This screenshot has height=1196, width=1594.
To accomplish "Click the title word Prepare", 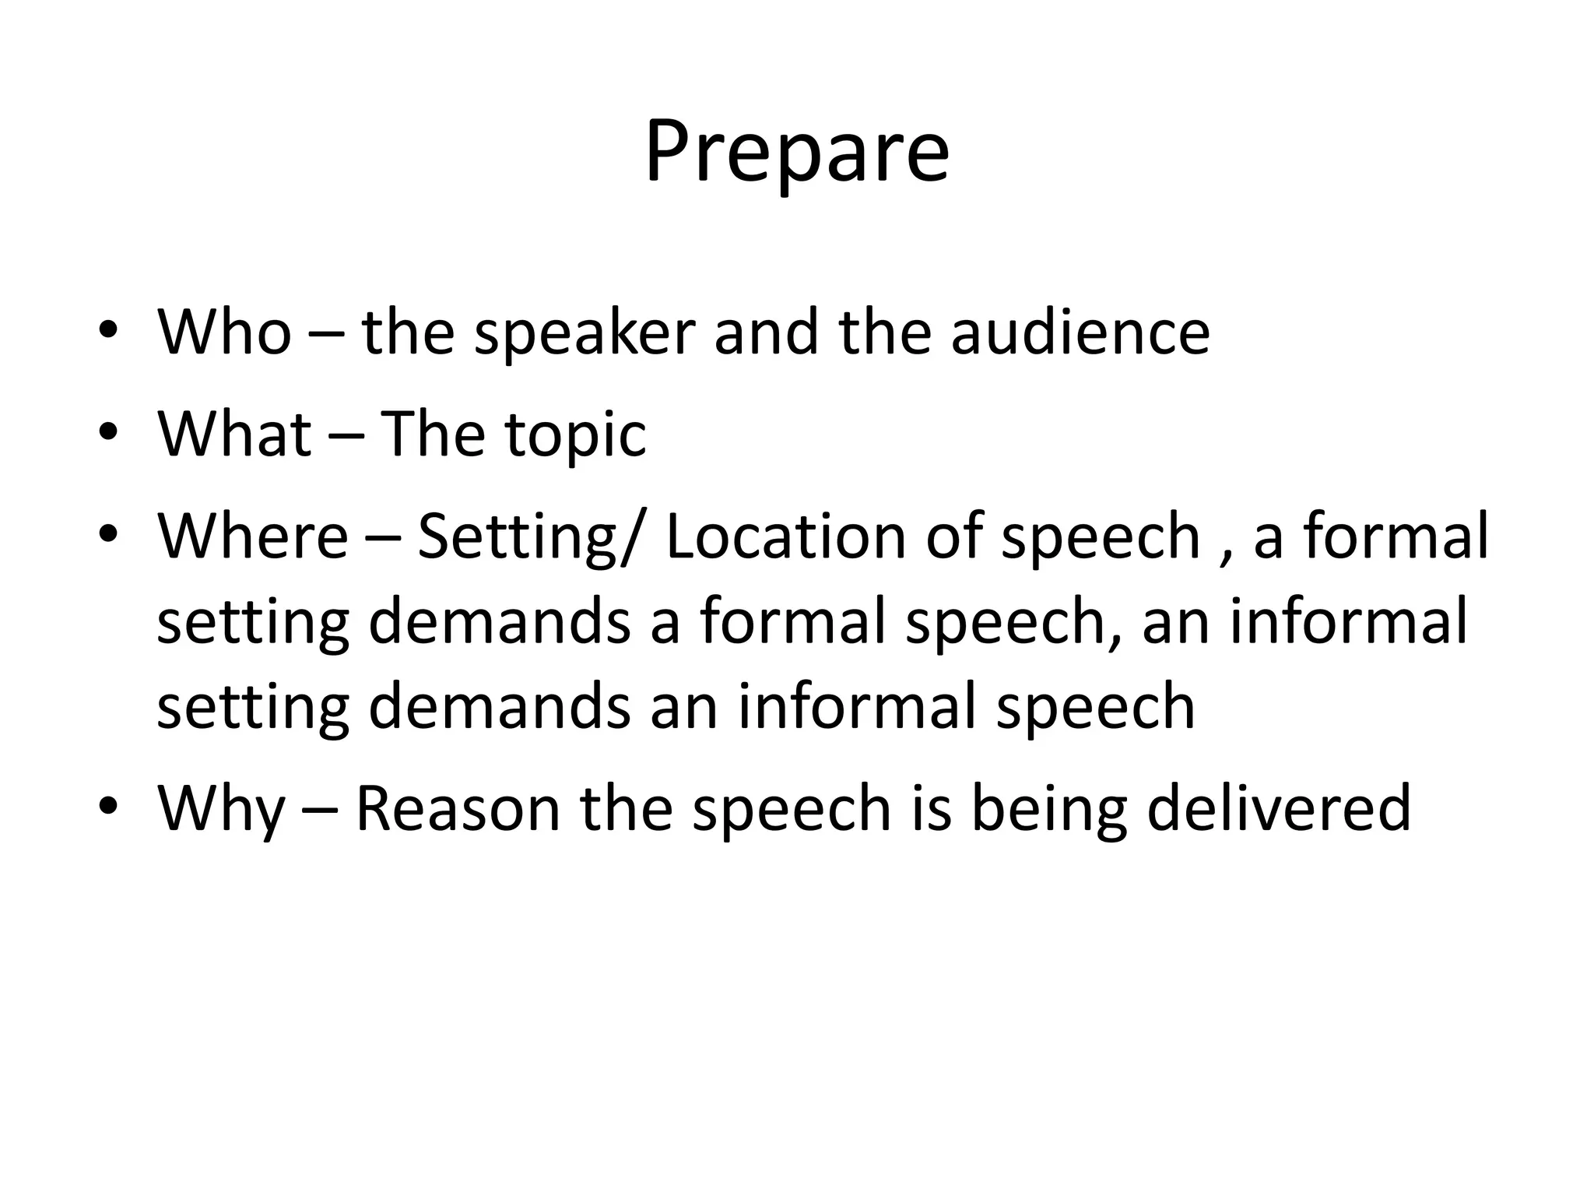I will coord(796,153).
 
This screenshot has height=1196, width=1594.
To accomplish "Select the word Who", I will coord(224,332).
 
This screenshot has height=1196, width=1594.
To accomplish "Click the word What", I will coord(234,434).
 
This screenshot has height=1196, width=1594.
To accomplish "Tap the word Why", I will coord(222,810).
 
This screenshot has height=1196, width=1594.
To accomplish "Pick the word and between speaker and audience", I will coord(766,332).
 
